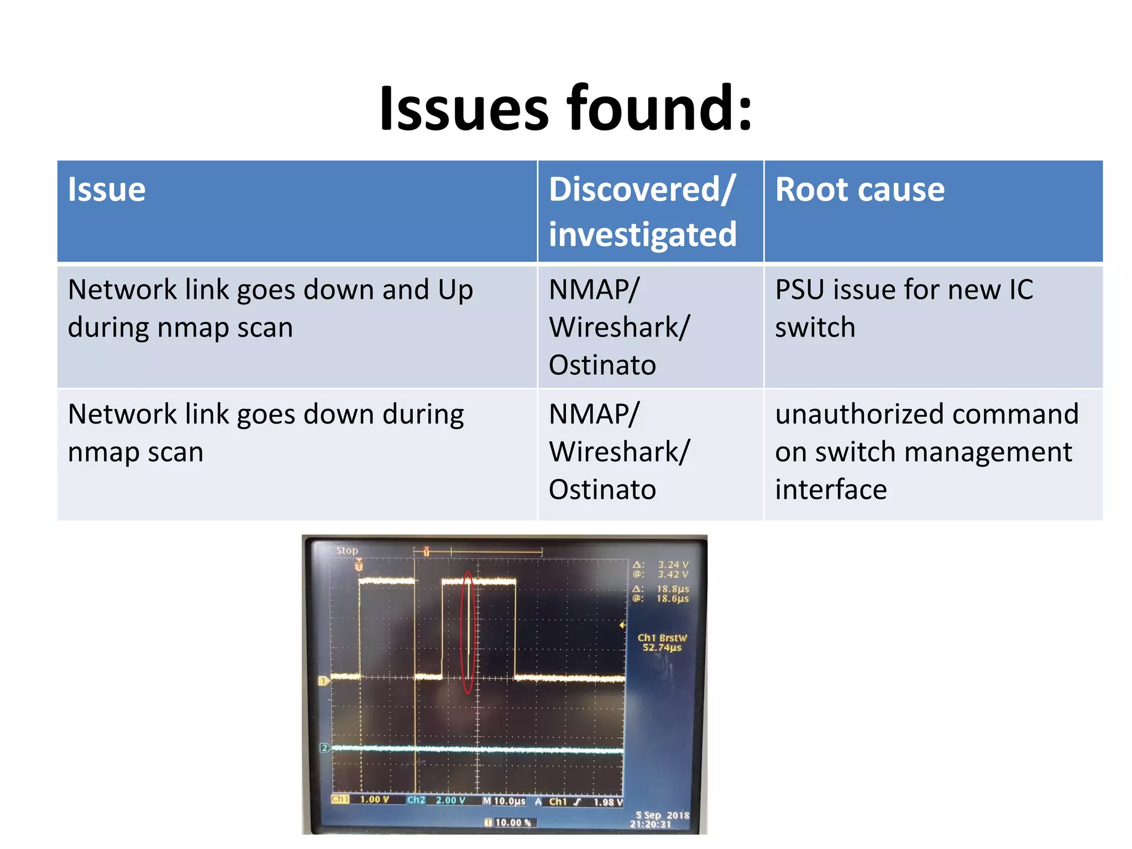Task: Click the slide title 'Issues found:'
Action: (565, 108)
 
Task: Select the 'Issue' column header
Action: (107, 190)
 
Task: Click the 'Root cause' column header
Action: (860, 190)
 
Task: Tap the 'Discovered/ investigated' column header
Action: (642, 212)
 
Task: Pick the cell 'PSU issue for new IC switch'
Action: (904, 308)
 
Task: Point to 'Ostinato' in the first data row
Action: (602, 365)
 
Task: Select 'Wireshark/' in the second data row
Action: (619, 452)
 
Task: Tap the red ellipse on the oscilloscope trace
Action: (468, 632)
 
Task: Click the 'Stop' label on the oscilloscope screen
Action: (347, 551)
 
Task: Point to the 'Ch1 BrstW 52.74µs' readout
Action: (662, 643)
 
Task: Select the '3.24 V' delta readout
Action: (673, 565)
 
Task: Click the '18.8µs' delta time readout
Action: (672, 589)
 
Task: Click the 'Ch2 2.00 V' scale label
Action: (437, 800)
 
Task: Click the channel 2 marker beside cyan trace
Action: (324, 748)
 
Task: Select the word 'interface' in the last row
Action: (831, 490)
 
